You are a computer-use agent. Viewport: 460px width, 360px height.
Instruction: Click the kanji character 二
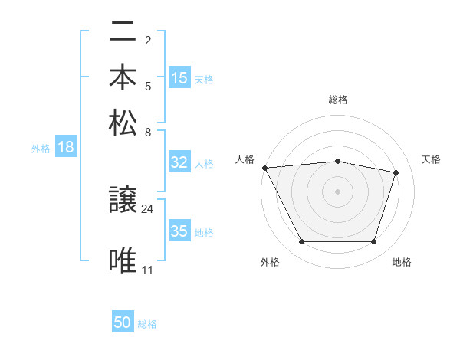pyautogui.click(x=123, y=33)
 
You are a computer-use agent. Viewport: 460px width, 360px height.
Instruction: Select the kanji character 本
pyautogui.click(x=123, y=77)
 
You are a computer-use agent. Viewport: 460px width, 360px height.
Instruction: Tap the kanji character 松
pyautogui.click(x=123, y=123)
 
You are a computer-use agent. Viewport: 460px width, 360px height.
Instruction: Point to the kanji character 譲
pyautogui.click(x=123, y=201)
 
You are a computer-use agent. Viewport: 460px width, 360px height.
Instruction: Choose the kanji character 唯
pyautogui.click(x=123, y=260)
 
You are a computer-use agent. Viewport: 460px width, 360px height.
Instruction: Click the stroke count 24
pyautogui.click(x=148, y=208)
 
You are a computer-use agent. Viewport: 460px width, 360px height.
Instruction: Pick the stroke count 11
pyautogui.click(x=148, y=270)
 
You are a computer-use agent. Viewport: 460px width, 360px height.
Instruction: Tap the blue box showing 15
pyautogui.click(x=179, y=77)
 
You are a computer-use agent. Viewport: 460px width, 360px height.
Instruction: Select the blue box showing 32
pyautogui.click(x=179, y=162)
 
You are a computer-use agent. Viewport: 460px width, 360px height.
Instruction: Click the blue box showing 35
pyautogui.click(x=179, y=231)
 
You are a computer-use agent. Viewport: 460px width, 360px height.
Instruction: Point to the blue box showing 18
pyautogui.click(x=65, y=148)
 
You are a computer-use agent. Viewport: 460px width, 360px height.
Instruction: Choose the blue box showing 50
pyautogui.click(x=123, y=323)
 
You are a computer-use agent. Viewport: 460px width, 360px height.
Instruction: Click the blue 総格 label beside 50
pyautogui.click(x=147, y=324)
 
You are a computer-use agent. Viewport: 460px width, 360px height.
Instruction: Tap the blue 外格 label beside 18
pyautogui.click(x=41, y=149)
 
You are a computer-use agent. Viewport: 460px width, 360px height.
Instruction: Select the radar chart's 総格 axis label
pyautogui.click(x=338, y=100)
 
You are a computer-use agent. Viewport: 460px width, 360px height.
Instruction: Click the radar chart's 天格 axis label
pyautogui.click(x=432, y=159)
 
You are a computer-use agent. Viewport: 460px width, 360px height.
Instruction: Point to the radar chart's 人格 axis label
pyautogui.click(x=245, y=159)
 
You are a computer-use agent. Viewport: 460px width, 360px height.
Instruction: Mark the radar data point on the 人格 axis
pyautogui.click(x=264, y=168)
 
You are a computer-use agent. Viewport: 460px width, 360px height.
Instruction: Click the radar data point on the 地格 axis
pyautogui.click(x=374, y=242)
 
